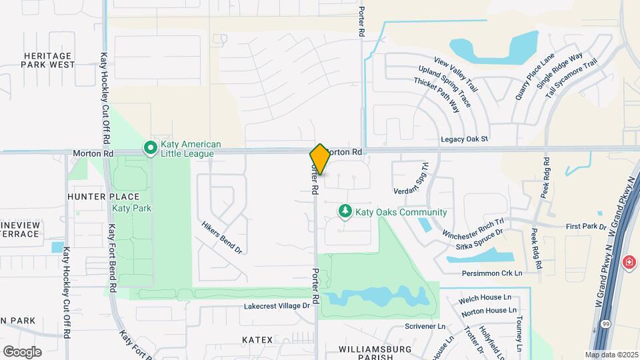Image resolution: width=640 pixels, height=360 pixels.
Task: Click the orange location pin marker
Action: tap(319, 159)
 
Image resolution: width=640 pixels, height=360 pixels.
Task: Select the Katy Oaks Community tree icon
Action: tap(345, 212)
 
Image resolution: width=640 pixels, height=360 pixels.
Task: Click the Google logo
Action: tap(22, 351)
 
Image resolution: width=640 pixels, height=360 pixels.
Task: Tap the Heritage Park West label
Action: tap(48, 60)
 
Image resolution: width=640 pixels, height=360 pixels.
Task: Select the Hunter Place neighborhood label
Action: tap(103, 197)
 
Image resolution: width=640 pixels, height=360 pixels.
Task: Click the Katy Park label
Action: tap(131, 209)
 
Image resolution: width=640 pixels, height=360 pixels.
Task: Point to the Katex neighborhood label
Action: tap(257, 340)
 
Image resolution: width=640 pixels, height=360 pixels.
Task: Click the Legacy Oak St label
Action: tap(465, 139)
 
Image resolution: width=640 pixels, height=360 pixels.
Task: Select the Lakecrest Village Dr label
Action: tap(277, 306)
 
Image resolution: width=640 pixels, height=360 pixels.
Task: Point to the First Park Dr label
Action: tap(585, 227)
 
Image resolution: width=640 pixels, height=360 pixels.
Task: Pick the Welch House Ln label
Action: tap(485, 298)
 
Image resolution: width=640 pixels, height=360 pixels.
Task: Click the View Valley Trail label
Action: tap(456, 75)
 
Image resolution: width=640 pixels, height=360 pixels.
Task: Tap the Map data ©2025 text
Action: tap(611, 355)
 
